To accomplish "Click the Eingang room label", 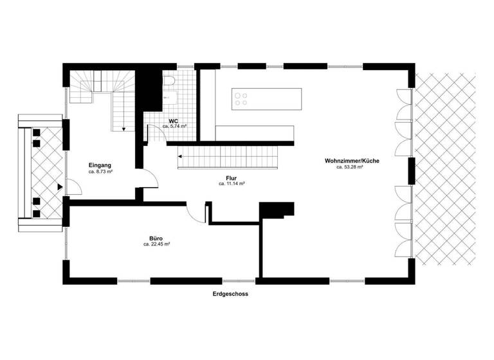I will (x=101, y=166).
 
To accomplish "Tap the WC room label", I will (x=174, y=121).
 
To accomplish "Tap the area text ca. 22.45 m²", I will (x=156, y=245).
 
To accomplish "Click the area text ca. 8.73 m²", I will (x=101, y=173).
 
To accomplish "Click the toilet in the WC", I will (x=169, y=82).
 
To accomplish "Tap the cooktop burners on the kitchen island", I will (x=242, y=98).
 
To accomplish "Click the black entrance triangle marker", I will (x=59, y=187).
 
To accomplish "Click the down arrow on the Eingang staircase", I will (x=122, y=128).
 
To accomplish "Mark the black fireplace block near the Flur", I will (x=277, y=210).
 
